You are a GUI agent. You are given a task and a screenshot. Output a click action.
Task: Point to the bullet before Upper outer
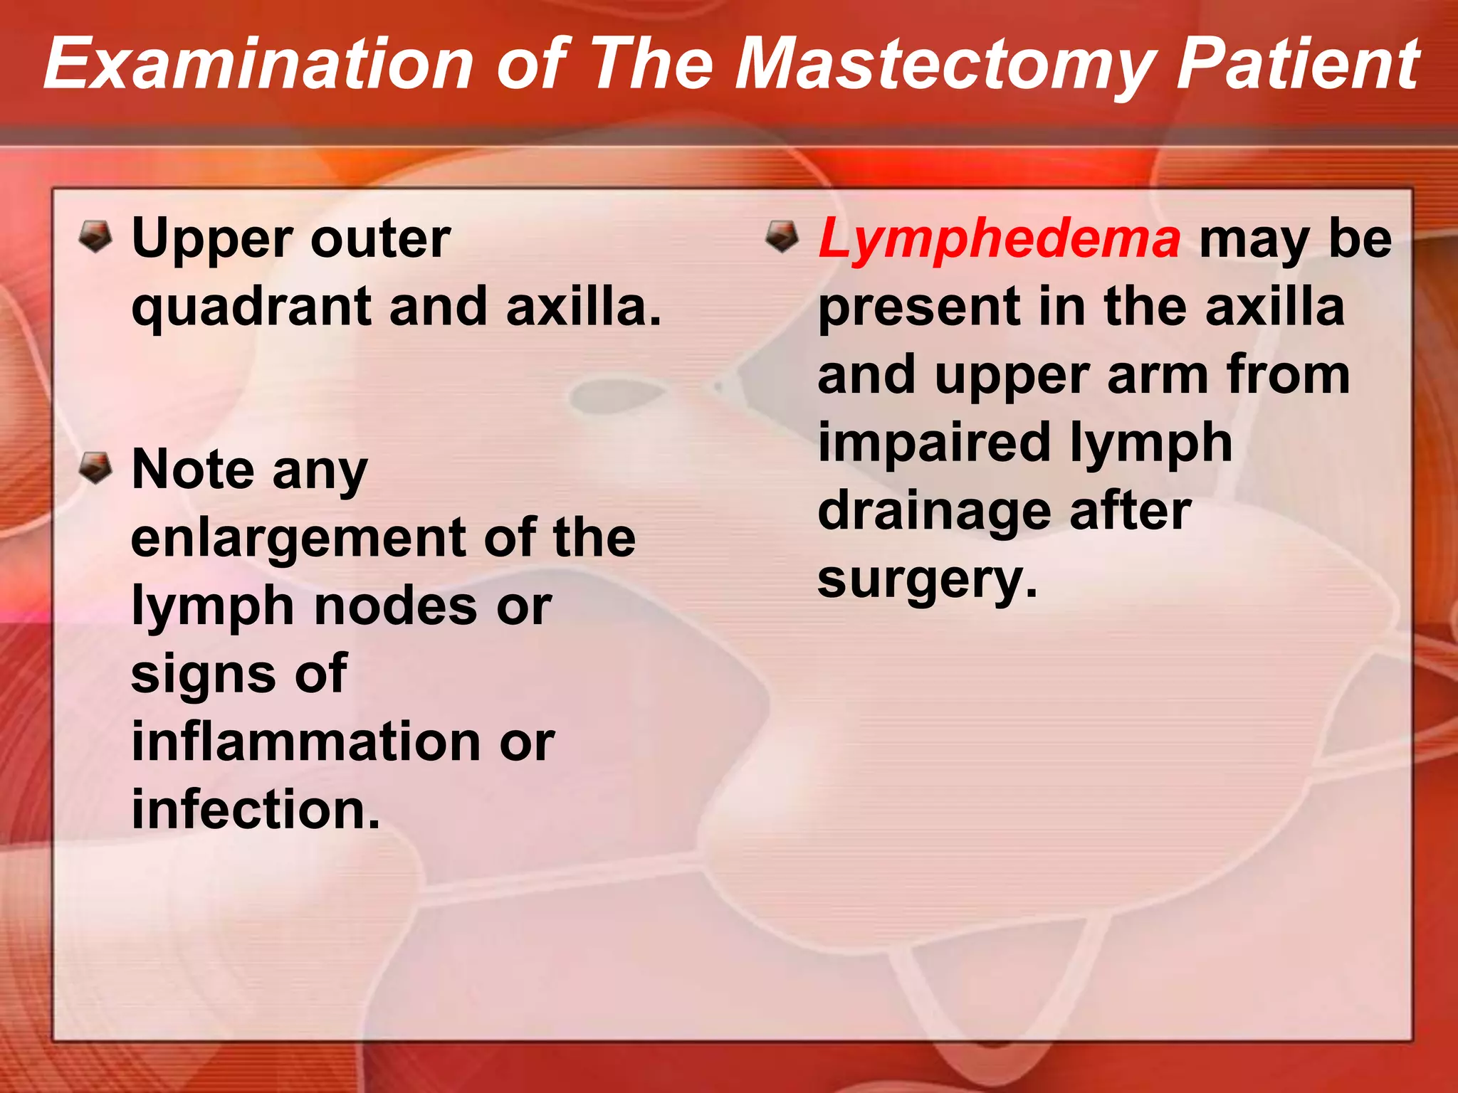95,236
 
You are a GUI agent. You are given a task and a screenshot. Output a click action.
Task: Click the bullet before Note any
95,468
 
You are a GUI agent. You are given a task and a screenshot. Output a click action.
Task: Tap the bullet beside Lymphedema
782,236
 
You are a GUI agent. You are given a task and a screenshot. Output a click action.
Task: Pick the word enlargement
298,539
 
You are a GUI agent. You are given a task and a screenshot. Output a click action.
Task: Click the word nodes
395,606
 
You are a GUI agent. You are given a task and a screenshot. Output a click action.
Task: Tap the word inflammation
305,741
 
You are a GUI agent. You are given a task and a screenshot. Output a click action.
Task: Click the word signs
202,675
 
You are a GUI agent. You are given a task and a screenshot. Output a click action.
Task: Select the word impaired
933,443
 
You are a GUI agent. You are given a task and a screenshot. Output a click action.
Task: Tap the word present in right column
919,307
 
